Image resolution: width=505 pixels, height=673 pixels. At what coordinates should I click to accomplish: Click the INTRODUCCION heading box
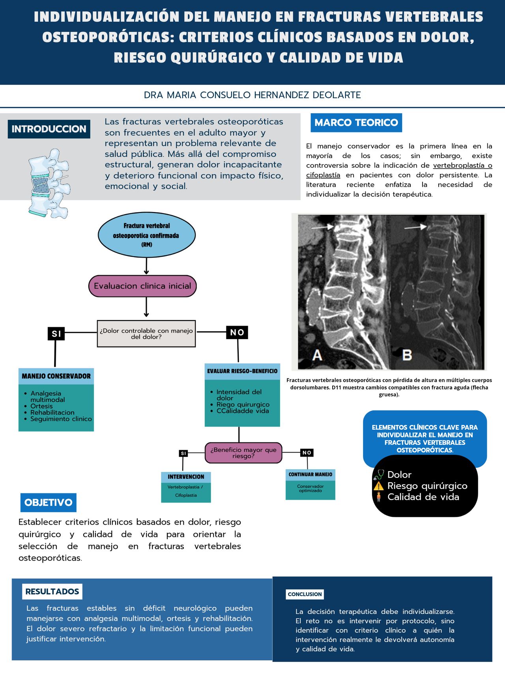pyautogui.click(x=49, y=129)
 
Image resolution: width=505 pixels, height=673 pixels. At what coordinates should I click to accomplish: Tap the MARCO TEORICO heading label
pyautogui.click(x=356, y=123)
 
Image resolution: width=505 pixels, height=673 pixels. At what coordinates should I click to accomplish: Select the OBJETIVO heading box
pyautogui.click(x=49, y=502)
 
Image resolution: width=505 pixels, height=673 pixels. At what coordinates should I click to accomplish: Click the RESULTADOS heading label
pyautogui.click(x=52, y=591)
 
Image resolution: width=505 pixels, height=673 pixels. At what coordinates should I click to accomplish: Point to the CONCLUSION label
pyautogui.click(x=305, y=594)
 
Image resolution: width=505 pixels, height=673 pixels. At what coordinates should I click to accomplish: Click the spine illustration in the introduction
pyautogui.click(x=49, y=184)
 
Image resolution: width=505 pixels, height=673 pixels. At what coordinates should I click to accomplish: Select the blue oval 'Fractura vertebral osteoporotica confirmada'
pyautogui.click(x=147, y=235)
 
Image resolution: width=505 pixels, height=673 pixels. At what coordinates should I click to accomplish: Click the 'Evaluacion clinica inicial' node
pyautogui.click(x=142, y=286)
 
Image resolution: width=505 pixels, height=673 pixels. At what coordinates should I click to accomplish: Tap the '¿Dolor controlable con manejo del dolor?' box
pyautogui.click(x=146, y=334)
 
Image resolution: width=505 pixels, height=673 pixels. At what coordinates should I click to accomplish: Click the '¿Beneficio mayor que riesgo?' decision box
pyautogui.click(x=243, y=453)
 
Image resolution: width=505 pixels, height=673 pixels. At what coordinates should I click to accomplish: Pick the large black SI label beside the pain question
pyautogui.click(x=56, y=334)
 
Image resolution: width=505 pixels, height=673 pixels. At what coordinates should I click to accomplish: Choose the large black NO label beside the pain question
pyautogui.click(x=237, y=332)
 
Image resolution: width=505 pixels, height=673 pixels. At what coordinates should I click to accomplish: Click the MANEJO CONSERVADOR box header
pyautogui.click(x=56, y=376)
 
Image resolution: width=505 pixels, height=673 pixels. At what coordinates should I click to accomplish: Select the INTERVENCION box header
pyautogui.click(x=186, y=477)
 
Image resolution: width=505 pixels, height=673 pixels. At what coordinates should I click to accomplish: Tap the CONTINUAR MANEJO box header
pyautogui.click(x=310, y=475)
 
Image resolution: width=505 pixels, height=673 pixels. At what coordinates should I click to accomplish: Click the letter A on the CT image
pyautogui.click(x=317, y=355)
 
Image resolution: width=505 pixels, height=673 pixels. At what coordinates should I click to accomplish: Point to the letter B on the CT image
pyautogui.click(x=407, y=355)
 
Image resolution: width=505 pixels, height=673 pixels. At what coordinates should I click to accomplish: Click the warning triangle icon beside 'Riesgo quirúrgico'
pyautogui.click(x=379, y=486)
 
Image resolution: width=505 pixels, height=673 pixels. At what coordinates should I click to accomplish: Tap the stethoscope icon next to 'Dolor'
pyautogui.click(x=379, y=475)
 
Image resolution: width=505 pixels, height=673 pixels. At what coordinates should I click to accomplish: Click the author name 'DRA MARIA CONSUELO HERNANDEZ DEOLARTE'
pyautogui.click(x=252, y=95)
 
